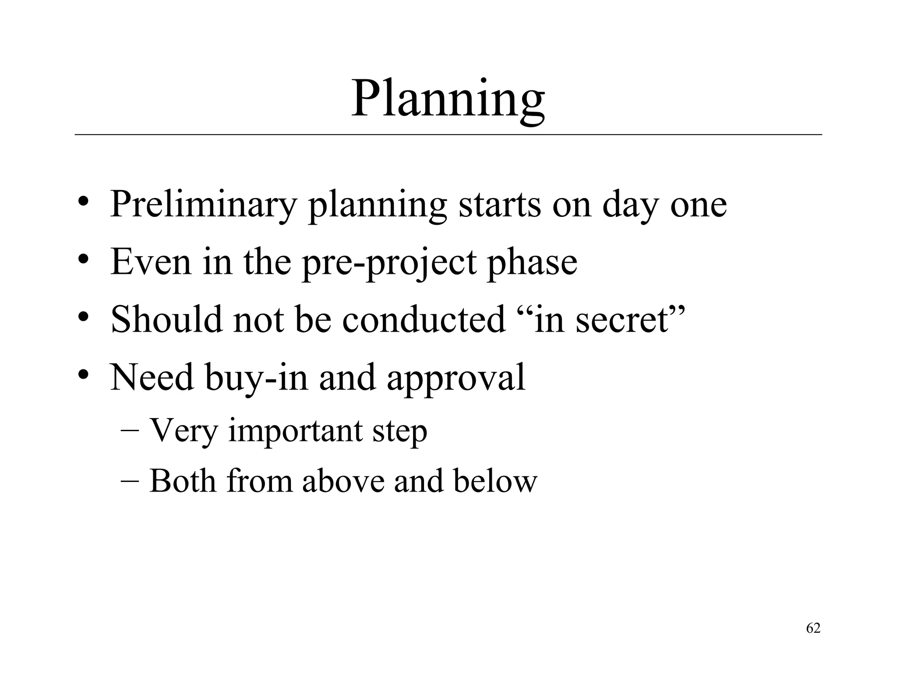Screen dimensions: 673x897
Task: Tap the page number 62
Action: tap(813, 628)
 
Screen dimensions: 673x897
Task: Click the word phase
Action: tap(532, 263)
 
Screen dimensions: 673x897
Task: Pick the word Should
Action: tap(166, 319)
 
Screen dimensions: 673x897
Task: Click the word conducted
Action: tap(424, 319)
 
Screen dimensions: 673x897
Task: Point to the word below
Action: tap(495, 482)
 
